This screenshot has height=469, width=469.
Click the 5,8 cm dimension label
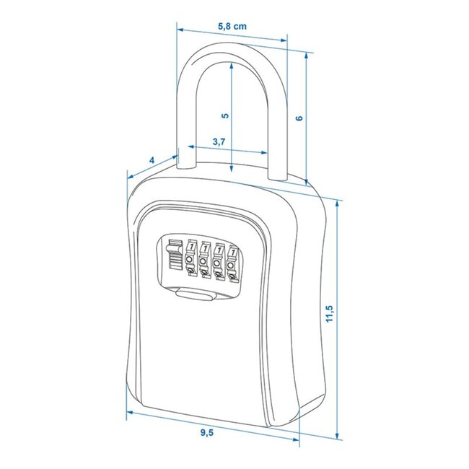click(x=232, y=26)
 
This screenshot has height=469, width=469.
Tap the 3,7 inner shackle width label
click(x=220, y=142)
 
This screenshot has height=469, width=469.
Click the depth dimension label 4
click(x=151, y=159)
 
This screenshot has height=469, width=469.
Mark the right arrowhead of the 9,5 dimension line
click(x=295, y=440)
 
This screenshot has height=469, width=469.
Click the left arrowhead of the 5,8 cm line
click(x=180, y=30)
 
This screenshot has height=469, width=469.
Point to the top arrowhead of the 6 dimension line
click(x=307, y=56)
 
